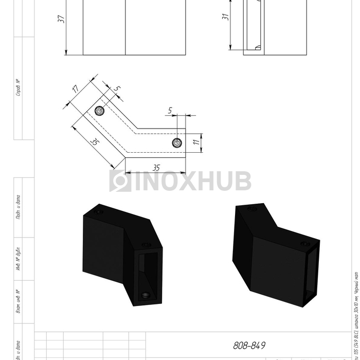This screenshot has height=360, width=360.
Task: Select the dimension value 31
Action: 225,16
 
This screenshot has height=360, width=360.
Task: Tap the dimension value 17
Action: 76,88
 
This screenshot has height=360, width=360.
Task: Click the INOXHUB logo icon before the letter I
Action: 120,181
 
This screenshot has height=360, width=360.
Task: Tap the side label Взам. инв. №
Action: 18,301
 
